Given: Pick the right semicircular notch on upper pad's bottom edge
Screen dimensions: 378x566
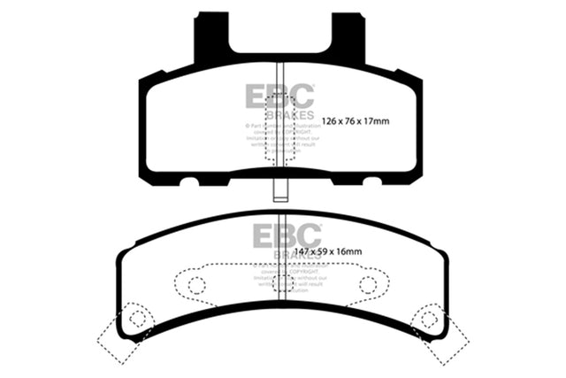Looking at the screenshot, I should (373, 181).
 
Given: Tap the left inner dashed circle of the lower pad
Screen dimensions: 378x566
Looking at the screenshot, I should (196, 285).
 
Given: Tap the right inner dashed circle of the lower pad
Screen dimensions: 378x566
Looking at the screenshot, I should (367, 285).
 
